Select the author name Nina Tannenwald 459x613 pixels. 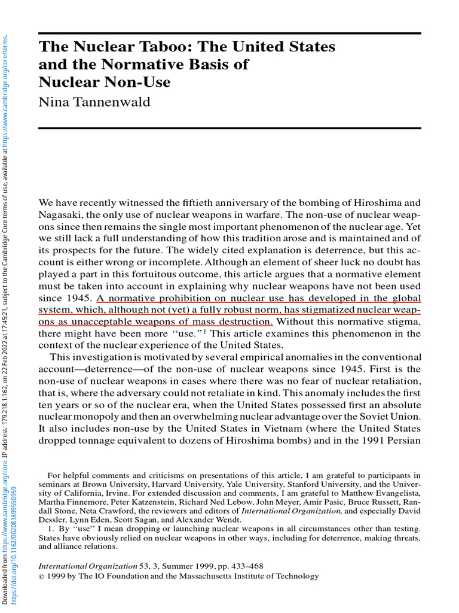tap(94, 102)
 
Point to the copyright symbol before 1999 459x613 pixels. tap(41, 576)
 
